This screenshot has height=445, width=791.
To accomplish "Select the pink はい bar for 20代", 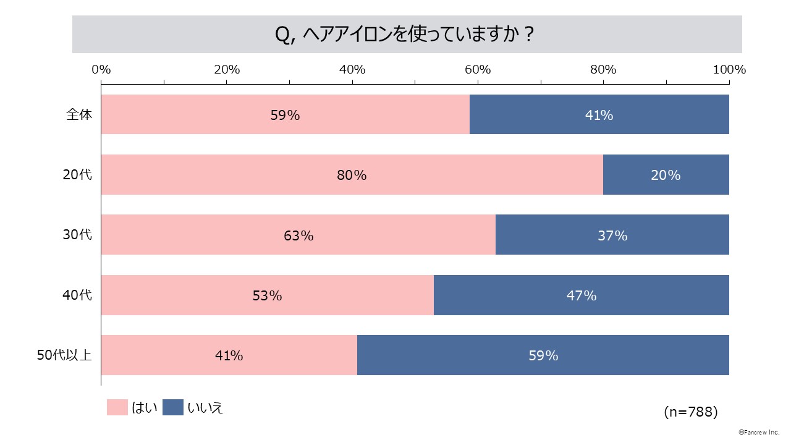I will (x=352, y=175).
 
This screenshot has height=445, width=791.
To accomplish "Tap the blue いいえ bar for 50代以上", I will (x=543, y=355).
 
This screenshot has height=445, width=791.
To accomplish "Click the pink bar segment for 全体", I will (x=285, y=114).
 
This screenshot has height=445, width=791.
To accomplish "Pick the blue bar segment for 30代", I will (x=612, y=235).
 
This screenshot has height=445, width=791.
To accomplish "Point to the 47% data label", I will (x=582, y=295).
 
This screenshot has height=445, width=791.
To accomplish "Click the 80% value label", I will (x=352, y=176).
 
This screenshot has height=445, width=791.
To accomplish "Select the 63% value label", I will (x=298, y=235).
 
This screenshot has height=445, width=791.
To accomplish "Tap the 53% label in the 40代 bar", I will (x=267, y=295).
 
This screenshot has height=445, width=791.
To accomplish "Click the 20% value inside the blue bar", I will (x=666, y=176).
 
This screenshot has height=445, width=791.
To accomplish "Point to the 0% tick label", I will (x=101, y=70).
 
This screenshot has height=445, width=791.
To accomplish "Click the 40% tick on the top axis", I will (x=352, y=70).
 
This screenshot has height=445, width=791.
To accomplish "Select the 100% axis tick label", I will (x=729, y=70).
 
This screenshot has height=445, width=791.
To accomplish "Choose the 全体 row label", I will (x=79, y=114).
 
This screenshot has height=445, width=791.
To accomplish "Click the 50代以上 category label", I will (x=64, y=355).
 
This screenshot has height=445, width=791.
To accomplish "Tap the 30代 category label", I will (x=77, y=235).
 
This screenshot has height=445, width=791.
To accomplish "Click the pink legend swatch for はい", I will (x=117, y=407).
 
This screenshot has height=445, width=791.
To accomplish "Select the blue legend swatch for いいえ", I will (x=173, y=407).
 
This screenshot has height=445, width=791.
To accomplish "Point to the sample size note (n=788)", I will (x=690, y=412).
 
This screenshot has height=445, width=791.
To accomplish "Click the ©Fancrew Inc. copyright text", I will (x=759, y=433).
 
